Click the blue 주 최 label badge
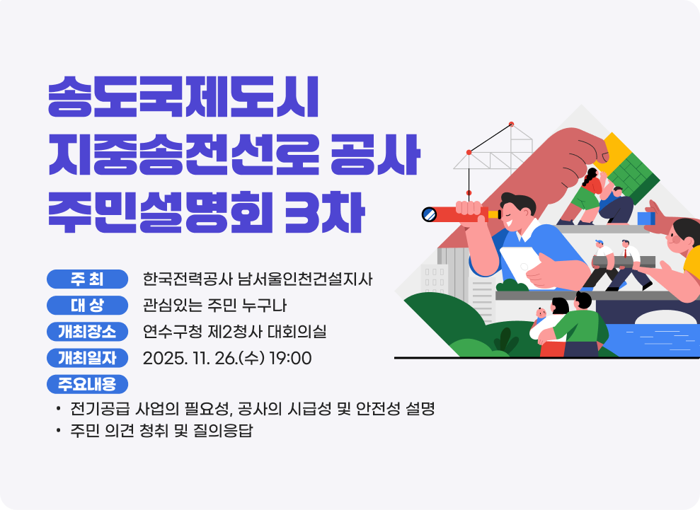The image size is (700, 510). tap(87, 279)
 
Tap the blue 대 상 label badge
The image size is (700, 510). tap(87, 305)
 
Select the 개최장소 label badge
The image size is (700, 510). tap(87, 331)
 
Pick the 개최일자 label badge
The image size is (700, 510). tap(87, 358)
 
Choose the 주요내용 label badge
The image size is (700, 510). tap(87, 384)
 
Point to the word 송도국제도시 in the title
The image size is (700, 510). tap(183, 100)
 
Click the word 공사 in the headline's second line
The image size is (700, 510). tap(376, 156)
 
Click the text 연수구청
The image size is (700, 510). tap(168, 332)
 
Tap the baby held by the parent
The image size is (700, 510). tap(543, 312)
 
